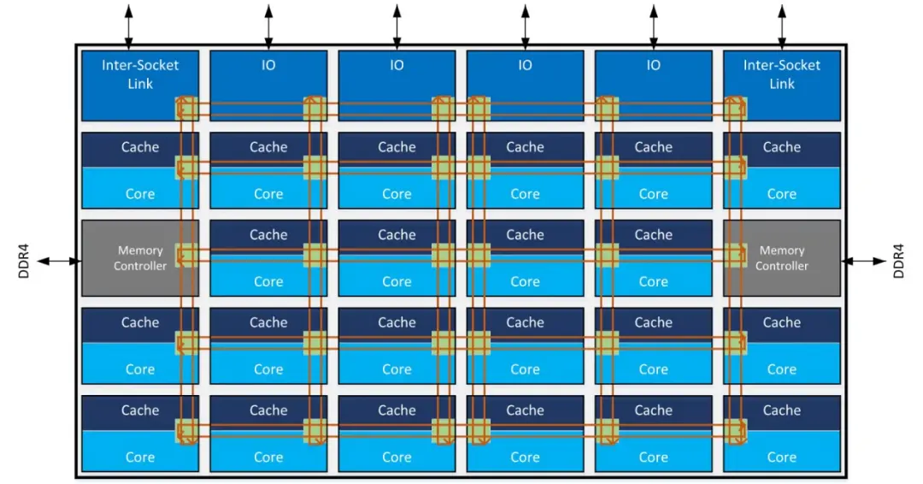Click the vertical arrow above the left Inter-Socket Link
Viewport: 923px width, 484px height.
point(128,24)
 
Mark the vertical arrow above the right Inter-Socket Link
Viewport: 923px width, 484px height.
point(782,24)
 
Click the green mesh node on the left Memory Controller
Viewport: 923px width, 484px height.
point(186,255)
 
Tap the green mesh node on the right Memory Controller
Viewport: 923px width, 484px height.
point(735,255)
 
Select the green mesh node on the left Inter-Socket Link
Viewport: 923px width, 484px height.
point(186,109)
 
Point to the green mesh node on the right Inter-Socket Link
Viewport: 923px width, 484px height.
point(735,109)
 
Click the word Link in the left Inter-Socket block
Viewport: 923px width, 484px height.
point(140,84)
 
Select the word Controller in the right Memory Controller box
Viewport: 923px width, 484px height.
point(781,266)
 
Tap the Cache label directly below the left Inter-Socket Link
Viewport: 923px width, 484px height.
point(140,147)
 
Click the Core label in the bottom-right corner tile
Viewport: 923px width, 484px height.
point(781,457)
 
